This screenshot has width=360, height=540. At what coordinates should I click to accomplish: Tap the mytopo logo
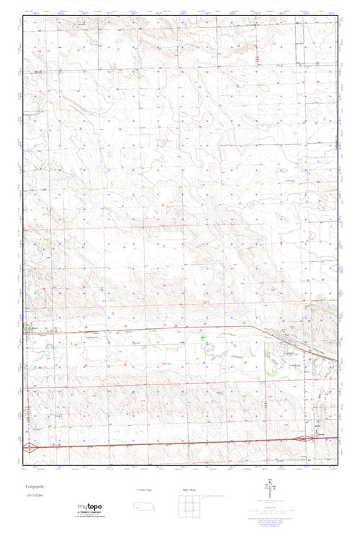tap(90, 508)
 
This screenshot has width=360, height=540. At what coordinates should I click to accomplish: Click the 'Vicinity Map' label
tap(144, 489)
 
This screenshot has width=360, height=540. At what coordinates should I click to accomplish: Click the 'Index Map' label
tap(189, 489)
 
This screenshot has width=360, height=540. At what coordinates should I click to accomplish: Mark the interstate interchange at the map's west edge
tap(28, 448)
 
